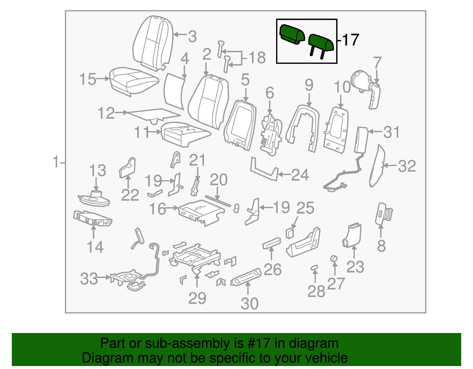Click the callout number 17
click(351, 40)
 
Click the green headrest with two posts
click(321, 43)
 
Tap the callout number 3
click(192, 37)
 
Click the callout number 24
click(300, 175)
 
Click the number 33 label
click(89, 279)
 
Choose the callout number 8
click(381, 246)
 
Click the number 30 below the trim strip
click(250, 303)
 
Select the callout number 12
click(106, 113)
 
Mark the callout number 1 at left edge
click(56, 162)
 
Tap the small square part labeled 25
click(290, 233)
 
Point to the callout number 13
click(98, 170)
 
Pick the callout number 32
click(407, 166)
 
